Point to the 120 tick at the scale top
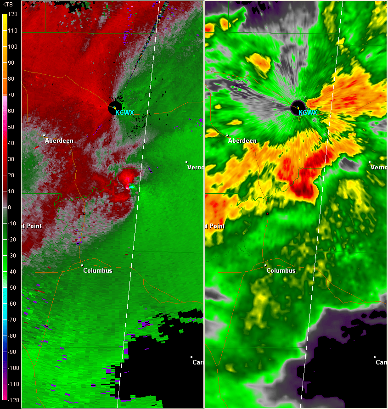[12, 14]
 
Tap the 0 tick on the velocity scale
[10, 207]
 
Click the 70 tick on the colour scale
[11, 95]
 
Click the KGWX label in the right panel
[308, 112]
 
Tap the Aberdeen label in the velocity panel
[59, 141]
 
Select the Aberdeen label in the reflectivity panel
[242, 141]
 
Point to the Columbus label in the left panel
[97, 270]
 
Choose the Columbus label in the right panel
[281, 270]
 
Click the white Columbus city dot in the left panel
[82, 265]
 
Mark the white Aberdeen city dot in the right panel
[228, 135]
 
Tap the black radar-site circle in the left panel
[114, 108]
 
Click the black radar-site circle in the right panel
[298, 108]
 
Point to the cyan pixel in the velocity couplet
[132, 187]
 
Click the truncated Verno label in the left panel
[195, 167]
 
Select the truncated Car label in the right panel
[381, 362]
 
